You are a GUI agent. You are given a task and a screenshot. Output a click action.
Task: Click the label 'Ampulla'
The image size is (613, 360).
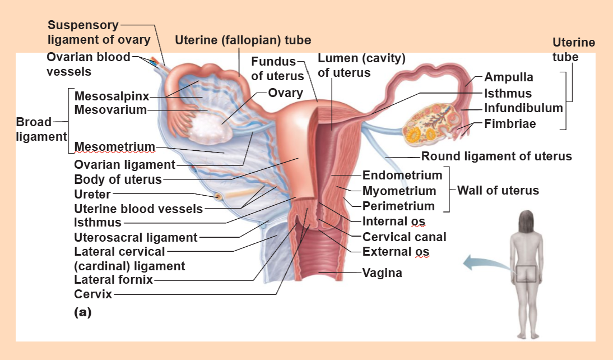pyautogui.click(x=509, y=77)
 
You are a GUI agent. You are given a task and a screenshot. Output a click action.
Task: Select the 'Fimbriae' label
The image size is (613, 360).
pyautogui.click(x=510, y=124)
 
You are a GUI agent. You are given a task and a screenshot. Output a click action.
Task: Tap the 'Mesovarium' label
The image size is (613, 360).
pyautogui.click(x=110, y=109)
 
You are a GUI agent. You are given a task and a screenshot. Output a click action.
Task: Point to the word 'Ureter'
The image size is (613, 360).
pyautogui.click(x=92, y=194)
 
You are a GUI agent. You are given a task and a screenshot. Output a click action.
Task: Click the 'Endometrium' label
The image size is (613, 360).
pyautogui.click(x=402, y=175)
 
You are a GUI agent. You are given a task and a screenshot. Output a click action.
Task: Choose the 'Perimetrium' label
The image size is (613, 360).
pyautogui.click(x=398, y=206)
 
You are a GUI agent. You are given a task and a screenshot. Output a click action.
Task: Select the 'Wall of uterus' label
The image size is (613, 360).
pyautogui.click(x=498, y=190)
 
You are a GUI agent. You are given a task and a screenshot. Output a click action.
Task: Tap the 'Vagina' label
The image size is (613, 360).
pyautogui.click(x=382, y=273)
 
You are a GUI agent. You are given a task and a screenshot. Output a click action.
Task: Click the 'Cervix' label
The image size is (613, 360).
pyautogui.click(x=93, y=294)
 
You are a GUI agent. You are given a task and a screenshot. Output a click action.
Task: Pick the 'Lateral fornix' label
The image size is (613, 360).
pyautogui.click(x=113, y=279)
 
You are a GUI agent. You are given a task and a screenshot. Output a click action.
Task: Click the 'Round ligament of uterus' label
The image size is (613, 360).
pyautogui.click(x=496, y=156)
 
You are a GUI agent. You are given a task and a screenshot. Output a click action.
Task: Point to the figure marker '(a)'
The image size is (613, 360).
pyautogui.click(x=82, y=312)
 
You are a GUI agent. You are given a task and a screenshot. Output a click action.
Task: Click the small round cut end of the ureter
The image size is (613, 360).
pyautogui.click(x=219, y=196)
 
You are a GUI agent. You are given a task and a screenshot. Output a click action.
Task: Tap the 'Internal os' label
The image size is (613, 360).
pyautogui.click(x=394, y=221)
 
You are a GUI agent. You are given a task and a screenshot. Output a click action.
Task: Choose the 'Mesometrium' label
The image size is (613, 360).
pyautogui.click(x=114, y=146)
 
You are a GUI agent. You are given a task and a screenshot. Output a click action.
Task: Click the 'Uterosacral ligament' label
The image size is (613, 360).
pyautogui.click(x=136, y=237)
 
